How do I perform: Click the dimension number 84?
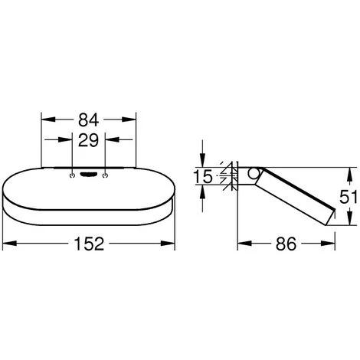[88, 120]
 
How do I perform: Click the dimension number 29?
[88, 140]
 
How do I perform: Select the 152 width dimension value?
[89, 244]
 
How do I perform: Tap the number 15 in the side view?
[203, 176]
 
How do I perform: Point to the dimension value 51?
[349, 197]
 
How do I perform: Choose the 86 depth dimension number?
[286, 244]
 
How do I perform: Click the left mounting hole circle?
[72, 175]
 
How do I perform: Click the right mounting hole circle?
[105, 175]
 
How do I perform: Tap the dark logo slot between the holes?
[88, 175]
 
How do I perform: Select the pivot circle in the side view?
[254, 173]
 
